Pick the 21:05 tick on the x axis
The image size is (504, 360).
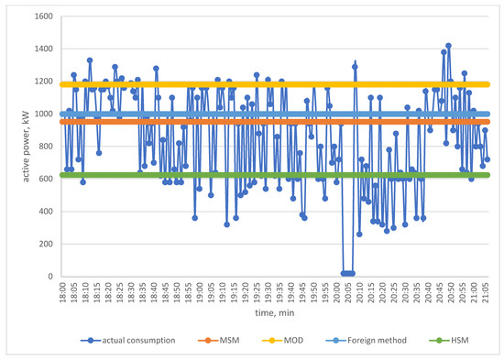[x=488, y=290]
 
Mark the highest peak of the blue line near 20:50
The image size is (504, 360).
[x=448, y=45]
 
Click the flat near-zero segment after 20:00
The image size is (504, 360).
[x=347, y=273]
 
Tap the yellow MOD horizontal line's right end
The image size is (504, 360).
[x=488, y=84]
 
